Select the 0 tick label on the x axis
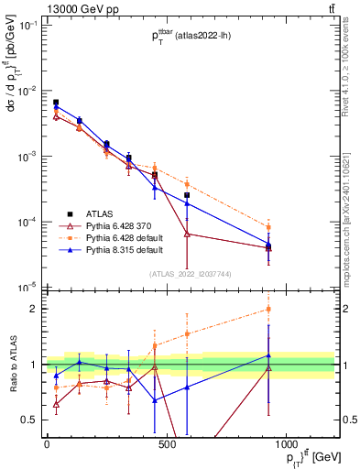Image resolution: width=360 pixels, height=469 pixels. [47, 444]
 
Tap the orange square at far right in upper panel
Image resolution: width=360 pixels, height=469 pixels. [268, 227]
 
